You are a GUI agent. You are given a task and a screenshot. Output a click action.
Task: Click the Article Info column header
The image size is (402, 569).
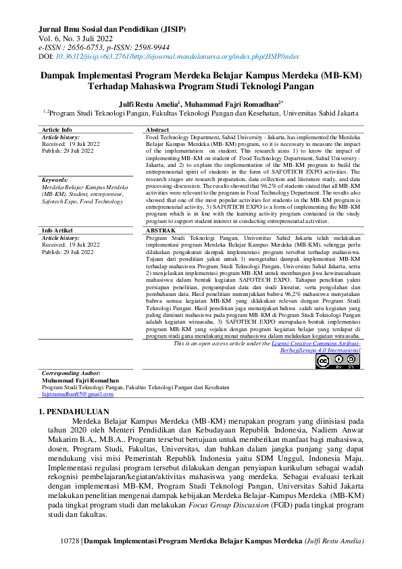coord(57,129)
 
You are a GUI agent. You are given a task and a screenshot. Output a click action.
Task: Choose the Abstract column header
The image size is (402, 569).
coord(157,129)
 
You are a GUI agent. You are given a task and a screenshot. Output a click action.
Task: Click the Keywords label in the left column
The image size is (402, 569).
coord(55,180)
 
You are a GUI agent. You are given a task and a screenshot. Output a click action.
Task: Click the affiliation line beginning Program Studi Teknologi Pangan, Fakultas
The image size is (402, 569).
coord(203,115)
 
